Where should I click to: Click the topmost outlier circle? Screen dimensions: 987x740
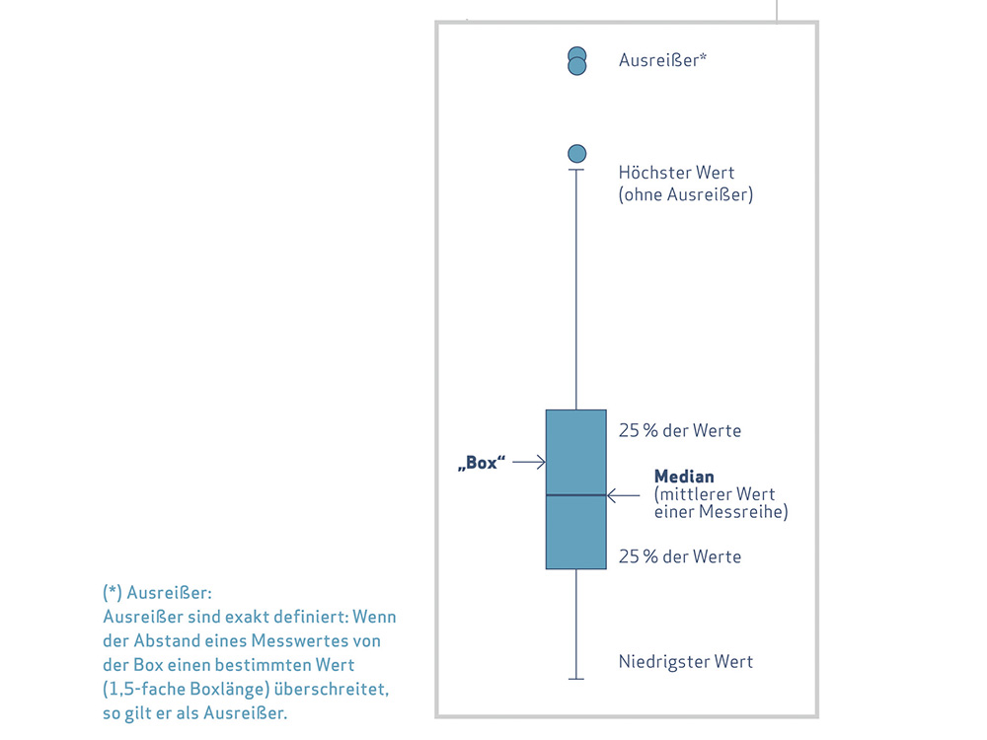[576, 54]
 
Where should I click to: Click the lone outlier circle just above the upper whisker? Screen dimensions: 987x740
[576, 154]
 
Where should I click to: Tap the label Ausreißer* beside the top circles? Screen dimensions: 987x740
[662, 60]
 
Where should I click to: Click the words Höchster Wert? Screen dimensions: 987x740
[676, 173]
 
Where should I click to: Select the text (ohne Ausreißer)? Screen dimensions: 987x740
[686, 194]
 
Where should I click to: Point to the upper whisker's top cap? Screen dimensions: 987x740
[576, 170]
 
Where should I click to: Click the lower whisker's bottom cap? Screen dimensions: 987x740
[576, 679]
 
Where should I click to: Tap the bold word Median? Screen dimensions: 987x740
[684, 477]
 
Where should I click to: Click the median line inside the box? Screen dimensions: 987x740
[576, 495]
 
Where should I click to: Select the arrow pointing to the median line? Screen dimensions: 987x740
[623, 496]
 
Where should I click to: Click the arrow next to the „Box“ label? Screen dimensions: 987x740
[529, 462]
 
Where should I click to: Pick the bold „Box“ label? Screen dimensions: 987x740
[482, 463]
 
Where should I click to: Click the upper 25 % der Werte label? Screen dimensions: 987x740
[680, 430]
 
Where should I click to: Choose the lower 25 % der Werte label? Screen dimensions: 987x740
[680, 556]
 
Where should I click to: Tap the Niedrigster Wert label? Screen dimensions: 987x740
[686, 662]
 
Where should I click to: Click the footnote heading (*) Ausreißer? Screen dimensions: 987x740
[157, 593]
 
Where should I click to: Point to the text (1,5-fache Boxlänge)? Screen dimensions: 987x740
[187, 689]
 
